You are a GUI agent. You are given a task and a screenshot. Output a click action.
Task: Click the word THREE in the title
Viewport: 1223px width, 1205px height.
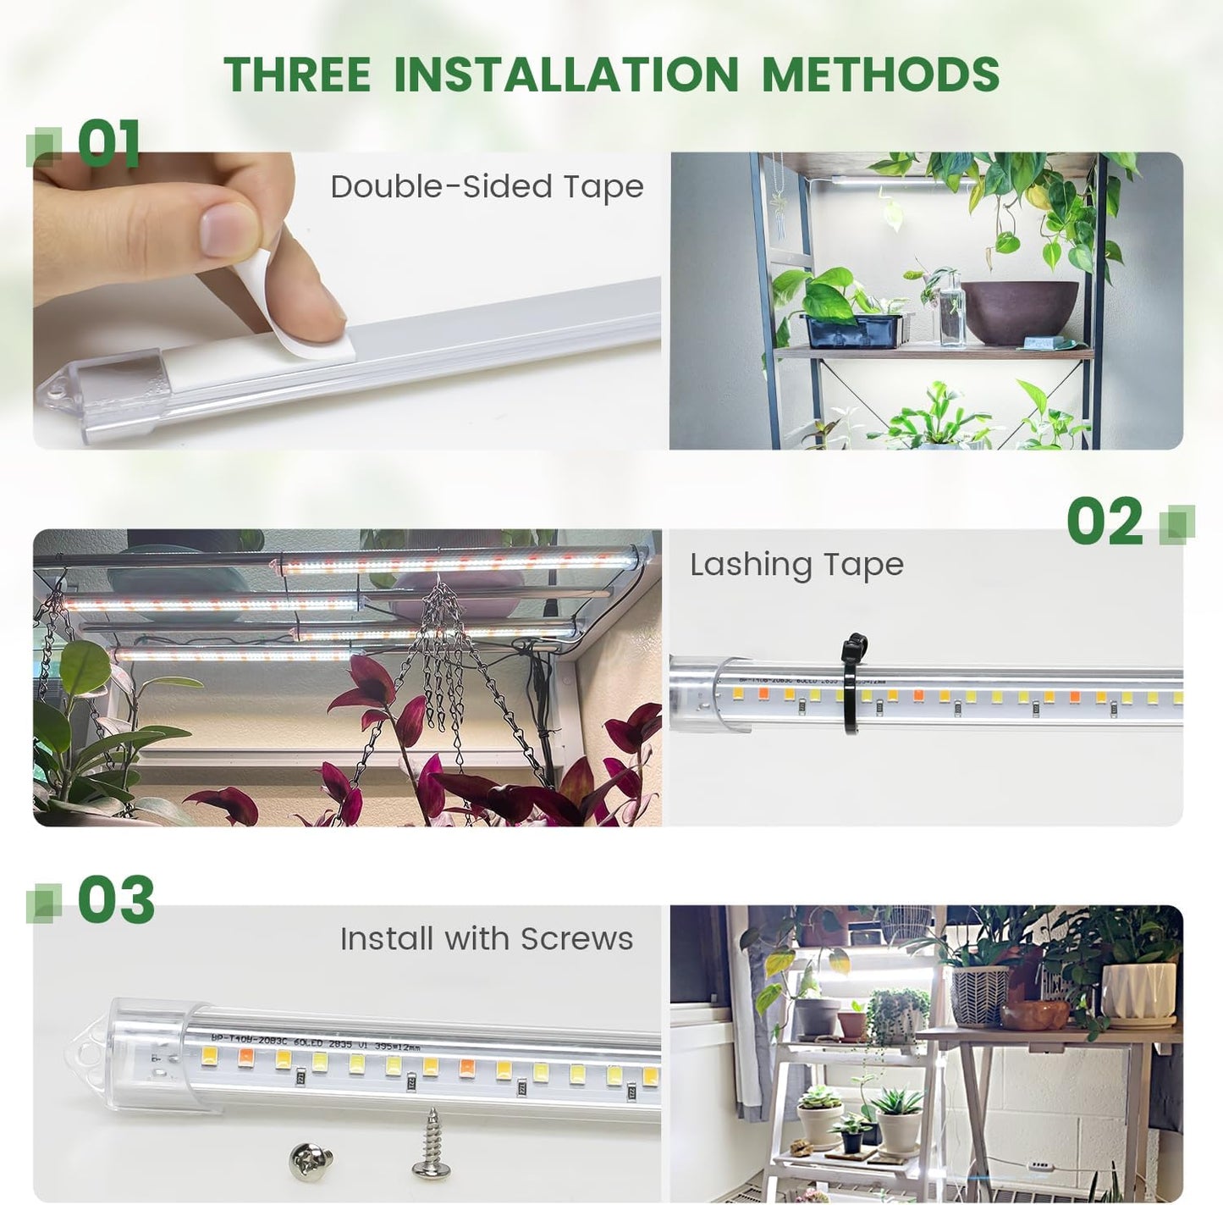point(297,74)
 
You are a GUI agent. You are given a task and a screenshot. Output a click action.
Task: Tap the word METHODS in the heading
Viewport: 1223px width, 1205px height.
point(880,74)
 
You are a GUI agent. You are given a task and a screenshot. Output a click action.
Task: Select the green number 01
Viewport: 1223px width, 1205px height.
point(109,143)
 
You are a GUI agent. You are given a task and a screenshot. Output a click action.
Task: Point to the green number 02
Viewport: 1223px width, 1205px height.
point(1105,522)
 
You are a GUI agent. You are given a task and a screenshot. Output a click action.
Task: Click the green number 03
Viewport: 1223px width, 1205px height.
point(117,899)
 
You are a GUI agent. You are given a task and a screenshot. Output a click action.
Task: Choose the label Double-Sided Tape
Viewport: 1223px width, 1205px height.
point(487,187)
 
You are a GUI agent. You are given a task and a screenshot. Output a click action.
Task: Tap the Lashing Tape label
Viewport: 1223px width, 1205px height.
point(796,565)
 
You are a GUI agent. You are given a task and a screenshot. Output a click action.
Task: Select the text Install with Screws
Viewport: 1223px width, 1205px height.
point(487,939)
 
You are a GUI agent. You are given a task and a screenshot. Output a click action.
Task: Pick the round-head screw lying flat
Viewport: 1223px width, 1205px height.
point(311,1159)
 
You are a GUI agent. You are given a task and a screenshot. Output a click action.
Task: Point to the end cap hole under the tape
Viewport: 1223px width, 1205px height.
point(58,390)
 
